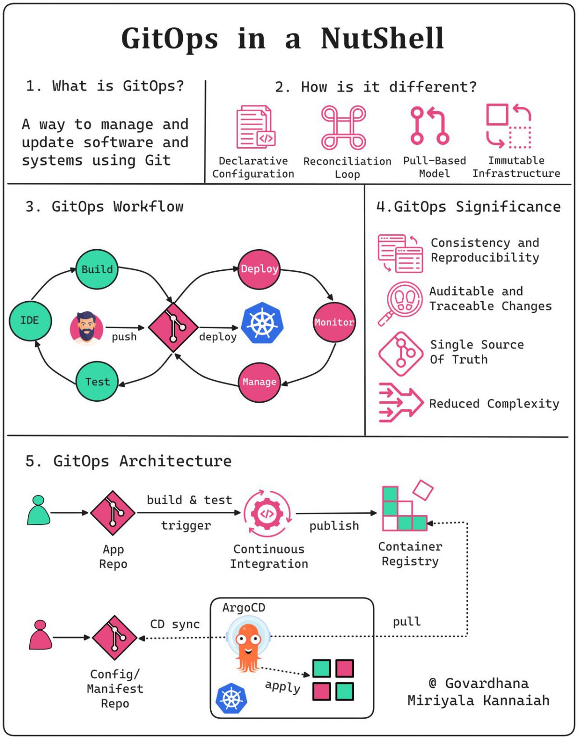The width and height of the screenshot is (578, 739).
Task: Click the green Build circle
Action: (97, 269)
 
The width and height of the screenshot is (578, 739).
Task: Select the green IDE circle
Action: (30, 320)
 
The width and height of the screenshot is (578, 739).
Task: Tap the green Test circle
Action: (97, 382)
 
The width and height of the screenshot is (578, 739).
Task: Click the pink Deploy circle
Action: (259, 269)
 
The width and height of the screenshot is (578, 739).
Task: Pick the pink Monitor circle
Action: (334, 322)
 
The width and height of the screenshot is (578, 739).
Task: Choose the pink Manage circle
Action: (259, 382)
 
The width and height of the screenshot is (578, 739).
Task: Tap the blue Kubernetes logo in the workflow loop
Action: (262, 323)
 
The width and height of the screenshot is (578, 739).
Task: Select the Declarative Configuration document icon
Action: (255, 127)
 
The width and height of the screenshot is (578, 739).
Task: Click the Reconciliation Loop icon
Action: (344, 127)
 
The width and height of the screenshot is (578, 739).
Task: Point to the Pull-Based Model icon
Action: (429, 126)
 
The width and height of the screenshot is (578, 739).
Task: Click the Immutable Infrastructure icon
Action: (509, 126)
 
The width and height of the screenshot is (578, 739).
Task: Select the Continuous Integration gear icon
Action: (267, 513)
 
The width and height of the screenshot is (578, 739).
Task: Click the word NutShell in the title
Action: (382, 38)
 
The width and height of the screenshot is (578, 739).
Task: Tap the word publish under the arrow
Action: (334, 526)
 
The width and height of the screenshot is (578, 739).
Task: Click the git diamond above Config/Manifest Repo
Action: (115, 637)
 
